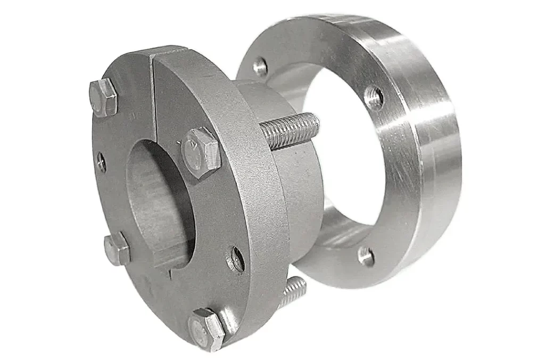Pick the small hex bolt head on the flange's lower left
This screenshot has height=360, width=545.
117,249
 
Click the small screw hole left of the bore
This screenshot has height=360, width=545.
101,162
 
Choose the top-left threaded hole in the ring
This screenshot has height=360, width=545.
260,67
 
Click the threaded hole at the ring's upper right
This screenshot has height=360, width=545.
374,97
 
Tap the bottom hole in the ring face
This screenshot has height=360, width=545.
366,256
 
